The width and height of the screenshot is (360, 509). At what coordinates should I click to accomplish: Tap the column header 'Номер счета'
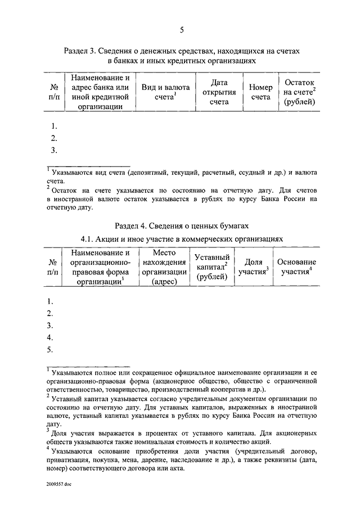(x=261, y=92)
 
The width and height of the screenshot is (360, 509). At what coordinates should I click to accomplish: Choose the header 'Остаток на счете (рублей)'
(x=299, y=92)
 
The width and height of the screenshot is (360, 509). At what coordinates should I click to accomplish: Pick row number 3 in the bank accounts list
(x=54, y=150)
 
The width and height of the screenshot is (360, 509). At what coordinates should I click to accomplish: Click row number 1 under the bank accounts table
(x=54, y=127)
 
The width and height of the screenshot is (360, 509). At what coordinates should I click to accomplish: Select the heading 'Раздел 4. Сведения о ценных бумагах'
(x=181, y=226)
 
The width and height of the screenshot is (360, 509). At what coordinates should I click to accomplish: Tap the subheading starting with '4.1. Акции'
(x=181, y=239)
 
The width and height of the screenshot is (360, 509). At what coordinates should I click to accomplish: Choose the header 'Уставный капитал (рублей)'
(x=212, y=267)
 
